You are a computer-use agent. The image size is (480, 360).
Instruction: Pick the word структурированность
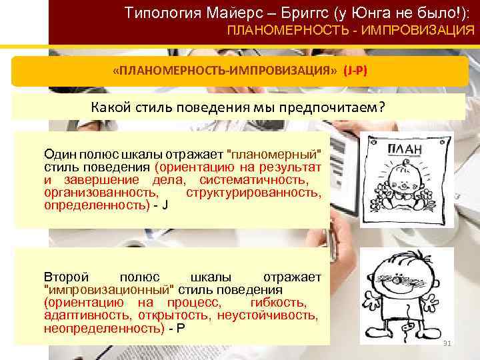(253, 193)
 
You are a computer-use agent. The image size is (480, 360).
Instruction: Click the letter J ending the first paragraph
(165, 206)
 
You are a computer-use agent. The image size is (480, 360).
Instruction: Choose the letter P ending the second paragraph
(181, 329)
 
